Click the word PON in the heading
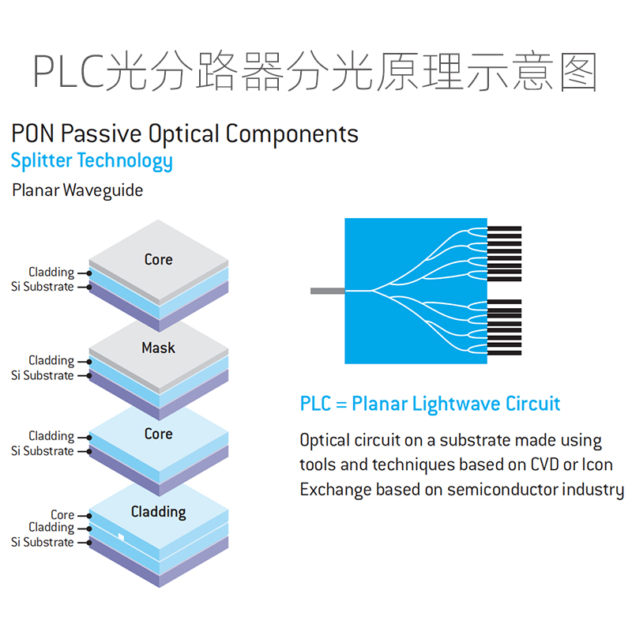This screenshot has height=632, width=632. pyautogui.click(x=33, y=134)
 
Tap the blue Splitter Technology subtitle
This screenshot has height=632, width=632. pyautogui.click(x=92, y=161)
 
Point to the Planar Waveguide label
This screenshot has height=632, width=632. pyautogui.click(x=77, y=190)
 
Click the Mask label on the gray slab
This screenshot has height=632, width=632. pyautogui.click(x=158, y=348)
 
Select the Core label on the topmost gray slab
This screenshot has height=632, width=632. pyautogui.click(x=158, y=259)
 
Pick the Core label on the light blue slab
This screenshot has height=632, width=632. pyautogui.click(x=158, y=434)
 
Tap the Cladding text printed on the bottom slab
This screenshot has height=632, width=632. pyautogui.click(x=158, y=512)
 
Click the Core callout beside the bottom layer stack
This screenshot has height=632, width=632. pyautogui.click(x=62, y=515)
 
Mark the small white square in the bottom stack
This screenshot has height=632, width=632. pyautogui.click(x=121, y=537)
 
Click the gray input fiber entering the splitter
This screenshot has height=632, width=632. pyautogui.click(x=327, y=292)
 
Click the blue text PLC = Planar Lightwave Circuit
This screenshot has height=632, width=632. pyautogui.click(x=430, y=404)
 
